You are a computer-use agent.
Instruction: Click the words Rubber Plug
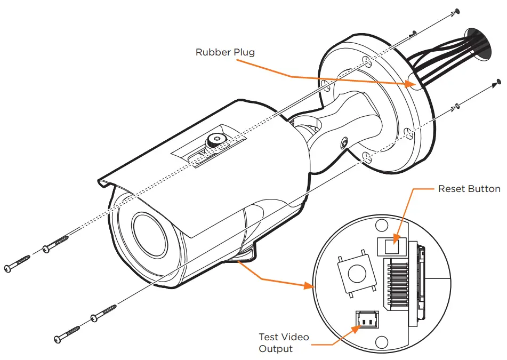(x=225, y=52)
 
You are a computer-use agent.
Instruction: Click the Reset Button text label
(x=469, y=189)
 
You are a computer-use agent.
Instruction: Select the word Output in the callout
(x=276, y=349)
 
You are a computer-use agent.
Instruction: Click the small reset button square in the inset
(x=392, y=246)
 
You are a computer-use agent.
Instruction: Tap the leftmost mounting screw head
(x=9, y=268)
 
